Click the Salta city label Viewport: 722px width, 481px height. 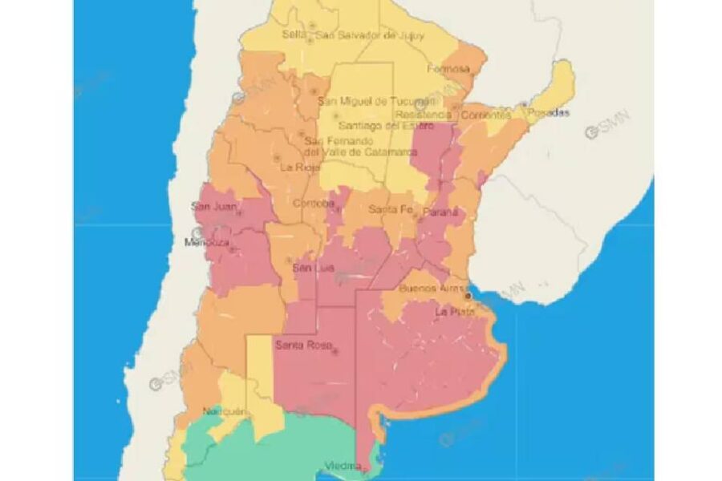tap(294, 34)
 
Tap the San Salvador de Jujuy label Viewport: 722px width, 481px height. tap(367, 34)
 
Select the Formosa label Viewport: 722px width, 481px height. tap(448, 69)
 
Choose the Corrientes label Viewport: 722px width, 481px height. tap(486, 114)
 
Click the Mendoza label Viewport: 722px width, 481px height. tap(207, 242)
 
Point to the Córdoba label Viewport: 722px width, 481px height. tap(313, 203)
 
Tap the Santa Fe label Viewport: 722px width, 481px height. tap(391, 210)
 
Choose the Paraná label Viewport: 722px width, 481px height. tap(441, 212)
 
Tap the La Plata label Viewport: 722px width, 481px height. tap(452, 311)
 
